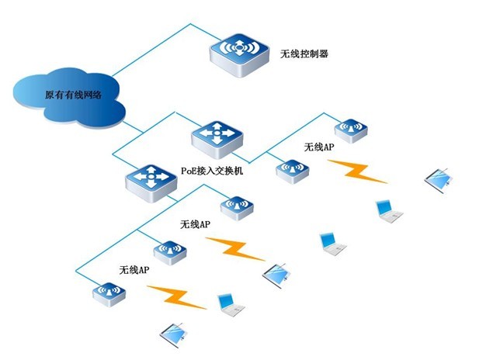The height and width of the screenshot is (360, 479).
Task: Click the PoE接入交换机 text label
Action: [212, 170]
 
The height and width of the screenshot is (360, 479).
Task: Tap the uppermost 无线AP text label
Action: [319, 147]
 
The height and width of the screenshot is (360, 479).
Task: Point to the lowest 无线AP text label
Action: [134, 270]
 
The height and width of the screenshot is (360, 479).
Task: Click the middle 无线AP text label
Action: [195, 224]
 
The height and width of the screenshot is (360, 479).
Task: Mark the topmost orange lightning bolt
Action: [356, 171]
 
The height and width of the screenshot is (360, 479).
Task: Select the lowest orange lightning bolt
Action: [176, 296]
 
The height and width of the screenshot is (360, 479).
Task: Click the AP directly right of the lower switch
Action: [234, 206]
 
